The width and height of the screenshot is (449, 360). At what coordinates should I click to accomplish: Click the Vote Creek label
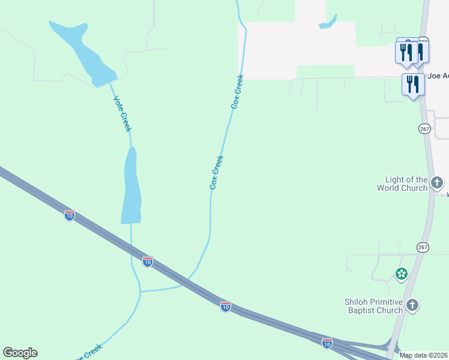(122, 113)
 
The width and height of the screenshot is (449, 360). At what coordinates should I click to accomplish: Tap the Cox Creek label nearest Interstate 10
(217, 173)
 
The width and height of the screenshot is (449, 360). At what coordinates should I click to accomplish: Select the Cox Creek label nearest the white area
(238, 91)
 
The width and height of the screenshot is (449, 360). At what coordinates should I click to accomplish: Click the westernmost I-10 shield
(70, 215)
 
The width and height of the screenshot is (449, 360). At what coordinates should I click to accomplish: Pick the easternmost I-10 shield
(327, 343)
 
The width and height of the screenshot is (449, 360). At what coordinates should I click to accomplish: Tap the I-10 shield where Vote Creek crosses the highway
(147, 261)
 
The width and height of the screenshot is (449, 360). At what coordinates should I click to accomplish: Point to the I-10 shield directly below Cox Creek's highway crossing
(225, 307)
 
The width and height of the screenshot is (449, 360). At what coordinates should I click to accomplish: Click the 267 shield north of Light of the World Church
(424, 128)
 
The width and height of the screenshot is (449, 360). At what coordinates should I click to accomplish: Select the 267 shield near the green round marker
(423, 247)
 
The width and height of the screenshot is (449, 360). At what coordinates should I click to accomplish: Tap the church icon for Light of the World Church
(437, 182)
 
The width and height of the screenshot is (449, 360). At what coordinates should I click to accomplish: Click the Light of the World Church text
(406, 184)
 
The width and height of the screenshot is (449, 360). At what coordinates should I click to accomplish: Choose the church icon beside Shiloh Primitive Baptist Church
(412, 305)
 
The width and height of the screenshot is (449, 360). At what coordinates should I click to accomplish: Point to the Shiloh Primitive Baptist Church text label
(373, 306)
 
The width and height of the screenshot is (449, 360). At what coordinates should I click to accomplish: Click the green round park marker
(401, 274)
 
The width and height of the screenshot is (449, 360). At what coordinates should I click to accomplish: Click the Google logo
(20, 353)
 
